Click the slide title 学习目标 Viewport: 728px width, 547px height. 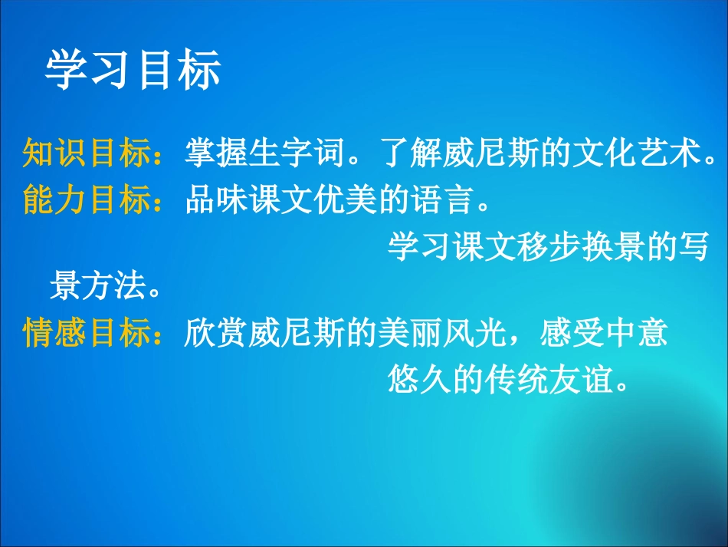133,71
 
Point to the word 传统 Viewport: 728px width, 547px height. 518,380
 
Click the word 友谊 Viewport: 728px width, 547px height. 582,380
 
